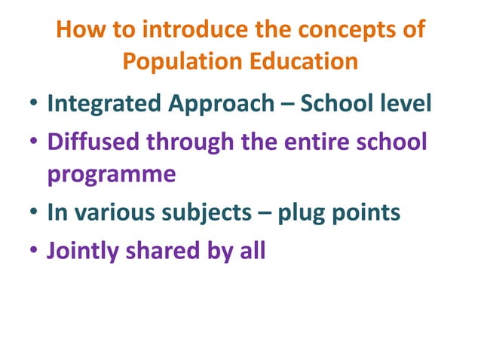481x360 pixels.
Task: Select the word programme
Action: (x=112, y=175)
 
